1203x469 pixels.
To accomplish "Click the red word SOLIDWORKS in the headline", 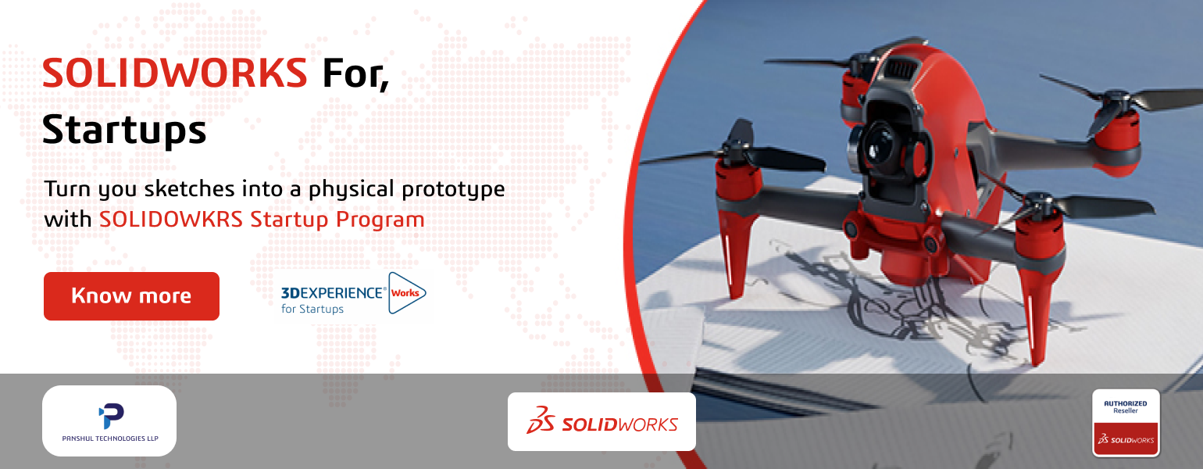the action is click(174, 73).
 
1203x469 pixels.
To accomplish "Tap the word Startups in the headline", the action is click(124, 130).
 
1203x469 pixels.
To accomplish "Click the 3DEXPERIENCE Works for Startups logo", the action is click(353, 294).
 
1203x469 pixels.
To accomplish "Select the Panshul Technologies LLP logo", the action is click(109, 421).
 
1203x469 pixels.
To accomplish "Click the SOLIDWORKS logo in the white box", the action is click(601, 422).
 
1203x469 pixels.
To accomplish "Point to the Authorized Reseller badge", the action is click(1126, 423).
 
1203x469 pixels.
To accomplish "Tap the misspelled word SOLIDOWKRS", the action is click(171, 219).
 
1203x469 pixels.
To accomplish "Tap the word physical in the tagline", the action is click(352, 190).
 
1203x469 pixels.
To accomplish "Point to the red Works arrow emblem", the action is click(407, 293).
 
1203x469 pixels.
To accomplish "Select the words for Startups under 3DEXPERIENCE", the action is click(312, 309).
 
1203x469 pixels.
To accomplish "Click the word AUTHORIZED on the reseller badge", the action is click(1125, 403).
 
